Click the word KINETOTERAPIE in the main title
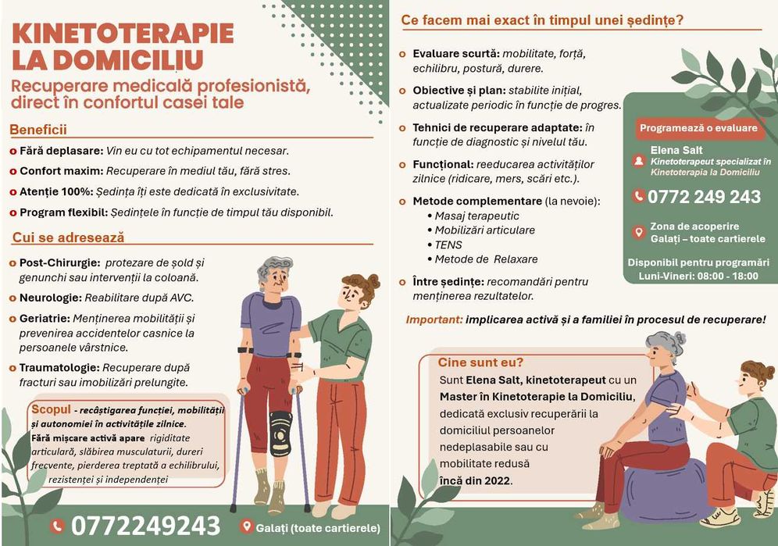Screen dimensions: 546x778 (123, 34)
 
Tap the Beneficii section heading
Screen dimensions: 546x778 (38, 130)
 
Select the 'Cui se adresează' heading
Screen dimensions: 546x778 (68, 237)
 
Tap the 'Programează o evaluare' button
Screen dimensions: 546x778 (698, 128)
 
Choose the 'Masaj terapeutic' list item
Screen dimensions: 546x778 (476, 216)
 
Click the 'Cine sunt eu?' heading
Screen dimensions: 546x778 (480, 362)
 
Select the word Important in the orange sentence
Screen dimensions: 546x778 (434, 319)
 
